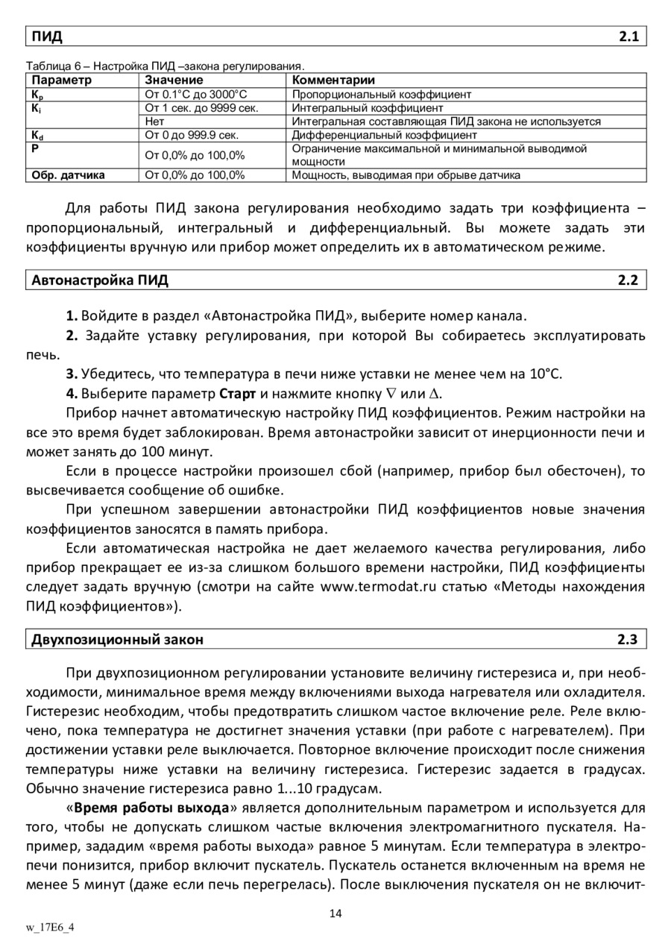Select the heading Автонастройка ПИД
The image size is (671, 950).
click(x=100, y=280)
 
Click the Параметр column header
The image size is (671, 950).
click(x=62, y=80)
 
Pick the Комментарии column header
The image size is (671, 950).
click(x=333, y=80)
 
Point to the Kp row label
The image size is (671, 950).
click(x=36, y=95)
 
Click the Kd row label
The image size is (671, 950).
click(x=37, y=135)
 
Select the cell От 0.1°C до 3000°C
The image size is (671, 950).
click(x=195, y=95)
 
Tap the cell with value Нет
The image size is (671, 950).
click(x=154, y=122)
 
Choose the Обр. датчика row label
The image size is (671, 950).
click(x=68, y=175)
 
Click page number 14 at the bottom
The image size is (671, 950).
click(x=335, y=914)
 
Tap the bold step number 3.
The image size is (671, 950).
click(x=71, y=374)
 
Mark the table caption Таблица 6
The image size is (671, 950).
click(x=58, y=66)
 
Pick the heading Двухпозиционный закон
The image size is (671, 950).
click(x=117, y=639)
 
